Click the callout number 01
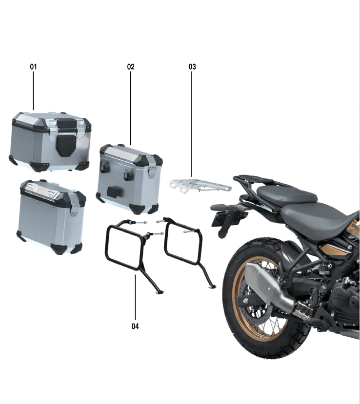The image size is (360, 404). coord(34,67)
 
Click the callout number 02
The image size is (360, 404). coord(131,67)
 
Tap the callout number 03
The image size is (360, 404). coord(192,67)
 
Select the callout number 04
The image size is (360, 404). coord(135,326)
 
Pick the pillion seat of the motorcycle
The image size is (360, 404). coord(286,194)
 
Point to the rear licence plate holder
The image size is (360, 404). coord(224,219)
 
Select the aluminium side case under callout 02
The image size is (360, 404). coord(129,179)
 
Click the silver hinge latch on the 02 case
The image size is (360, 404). coord(152,172)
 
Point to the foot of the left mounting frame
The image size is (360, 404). coord(160,292)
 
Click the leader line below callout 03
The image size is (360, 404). coord(192,124)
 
